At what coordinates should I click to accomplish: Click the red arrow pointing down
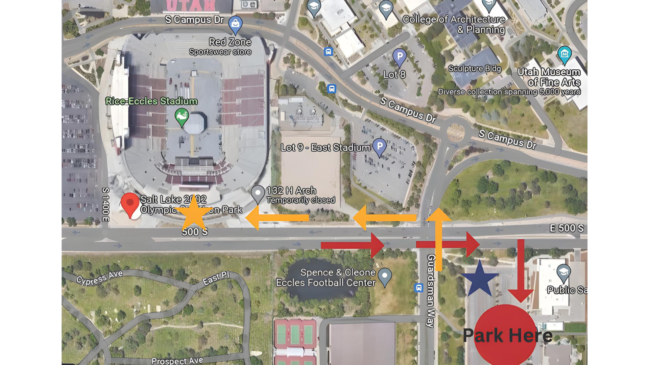(521, 270)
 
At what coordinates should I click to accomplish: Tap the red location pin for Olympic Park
(130, 204)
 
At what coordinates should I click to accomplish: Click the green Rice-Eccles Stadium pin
(182, 117)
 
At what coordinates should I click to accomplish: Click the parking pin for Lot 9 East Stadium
(380, 147)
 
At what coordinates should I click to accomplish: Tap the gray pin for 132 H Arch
(258, 194)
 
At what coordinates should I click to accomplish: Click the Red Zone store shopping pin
(235, 24)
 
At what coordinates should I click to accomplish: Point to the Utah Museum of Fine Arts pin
(564, 55)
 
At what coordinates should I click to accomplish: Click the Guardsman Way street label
(431, 291)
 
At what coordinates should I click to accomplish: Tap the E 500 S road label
(567, 228)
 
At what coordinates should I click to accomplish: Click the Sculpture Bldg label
(475, 69)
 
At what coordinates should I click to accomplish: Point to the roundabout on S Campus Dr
(455, 132)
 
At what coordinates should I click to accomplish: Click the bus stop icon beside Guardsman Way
(419, 288)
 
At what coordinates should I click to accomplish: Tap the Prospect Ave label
(177, 361)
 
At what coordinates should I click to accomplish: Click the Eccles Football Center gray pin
(385, 276)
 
